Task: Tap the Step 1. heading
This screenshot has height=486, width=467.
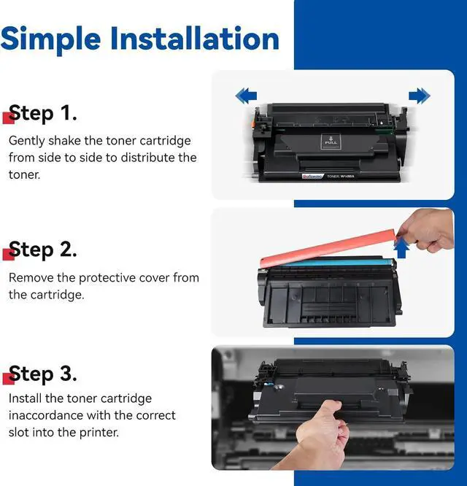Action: tap(43, 113)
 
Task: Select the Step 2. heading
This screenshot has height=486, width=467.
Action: tap(43, 250)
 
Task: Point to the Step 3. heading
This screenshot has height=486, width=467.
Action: tap(43, 374)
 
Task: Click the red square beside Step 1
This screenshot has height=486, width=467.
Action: tap(8, 118)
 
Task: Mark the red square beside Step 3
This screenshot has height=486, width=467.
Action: tap(8, 379)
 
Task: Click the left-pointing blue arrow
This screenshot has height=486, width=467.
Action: tap(246, 96)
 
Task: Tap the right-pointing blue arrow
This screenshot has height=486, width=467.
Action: tap(420, 96)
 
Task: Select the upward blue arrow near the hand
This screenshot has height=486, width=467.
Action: tap(401, 247)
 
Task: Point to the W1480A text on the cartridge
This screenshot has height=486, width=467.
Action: tap(347, 177)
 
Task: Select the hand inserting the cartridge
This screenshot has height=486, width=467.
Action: tap(323, 434)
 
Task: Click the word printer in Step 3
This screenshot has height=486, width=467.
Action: tap(99, 433)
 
